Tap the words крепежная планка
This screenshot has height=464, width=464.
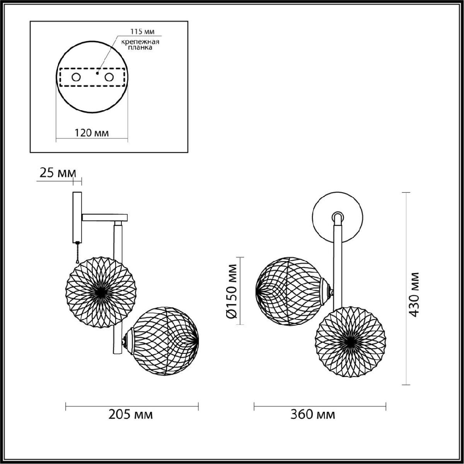tap(140, 44)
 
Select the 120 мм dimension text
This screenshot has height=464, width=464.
tap(92, 133)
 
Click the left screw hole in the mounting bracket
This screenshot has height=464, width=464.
tap(76, 77)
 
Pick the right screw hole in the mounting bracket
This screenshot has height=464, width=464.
tap(109, 77)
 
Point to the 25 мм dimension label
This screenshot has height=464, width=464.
tap(58, 173)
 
